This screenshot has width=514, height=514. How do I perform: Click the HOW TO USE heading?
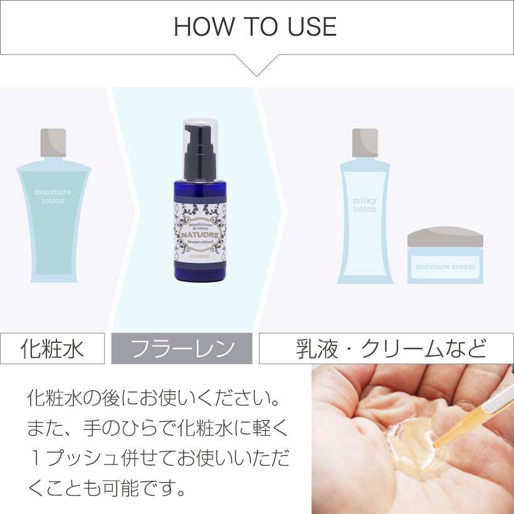[x=255, y=27]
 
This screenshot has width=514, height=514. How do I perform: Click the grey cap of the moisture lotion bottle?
[x=53, y=142]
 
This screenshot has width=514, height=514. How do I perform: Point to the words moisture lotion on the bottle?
[x=53, y=196]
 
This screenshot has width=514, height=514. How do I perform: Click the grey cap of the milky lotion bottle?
[x=365, y=142]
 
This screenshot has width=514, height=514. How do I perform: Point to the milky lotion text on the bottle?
[x=365, y=205]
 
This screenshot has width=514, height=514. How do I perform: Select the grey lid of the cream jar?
[x=445, y=236]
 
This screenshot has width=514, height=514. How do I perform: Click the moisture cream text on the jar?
[x=445, y=266]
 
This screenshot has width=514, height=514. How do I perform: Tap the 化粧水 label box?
[x=52, y=348]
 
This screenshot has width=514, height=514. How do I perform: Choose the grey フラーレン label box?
[x=182, y=349]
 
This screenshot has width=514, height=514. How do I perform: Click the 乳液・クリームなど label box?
[x=386, y=349]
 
